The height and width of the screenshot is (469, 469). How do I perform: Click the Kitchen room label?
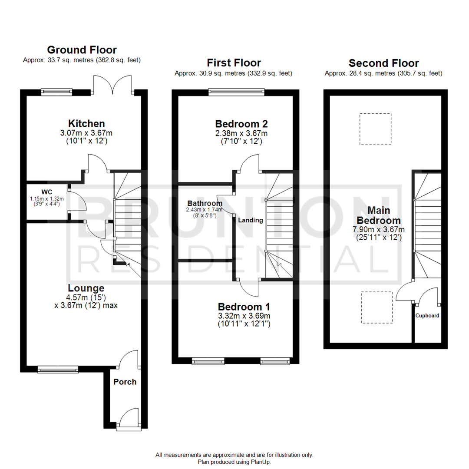86,123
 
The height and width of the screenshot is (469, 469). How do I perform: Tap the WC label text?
47,192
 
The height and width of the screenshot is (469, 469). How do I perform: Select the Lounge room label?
86,288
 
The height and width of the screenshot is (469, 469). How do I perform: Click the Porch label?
125,382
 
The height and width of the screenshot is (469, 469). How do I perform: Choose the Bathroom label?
205,203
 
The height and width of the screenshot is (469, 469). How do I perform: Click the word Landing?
251,220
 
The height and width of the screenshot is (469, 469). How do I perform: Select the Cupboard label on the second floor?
427,316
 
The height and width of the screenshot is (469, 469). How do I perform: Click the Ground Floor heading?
82,50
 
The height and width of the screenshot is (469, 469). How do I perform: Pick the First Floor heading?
234,63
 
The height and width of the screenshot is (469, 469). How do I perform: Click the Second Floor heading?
383,63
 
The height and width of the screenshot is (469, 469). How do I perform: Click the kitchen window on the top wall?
57,92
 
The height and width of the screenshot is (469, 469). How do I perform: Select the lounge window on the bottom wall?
58,370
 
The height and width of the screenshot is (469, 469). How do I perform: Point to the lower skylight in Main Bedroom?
377,307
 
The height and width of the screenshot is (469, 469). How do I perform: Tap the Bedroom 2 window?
236,92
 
